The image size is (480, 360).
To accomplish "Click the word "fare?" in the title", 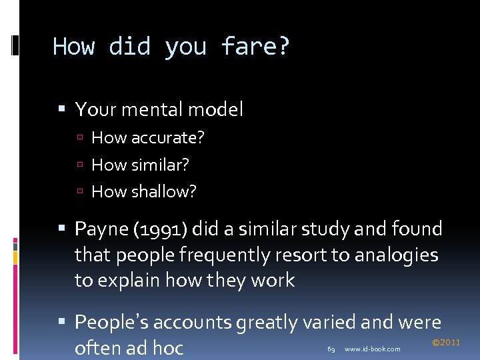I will click(255, 47).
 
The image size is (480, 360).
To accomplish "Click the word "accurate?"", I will click(167, 138).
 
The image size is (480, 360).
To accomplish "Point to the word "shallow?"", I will click(163, 191).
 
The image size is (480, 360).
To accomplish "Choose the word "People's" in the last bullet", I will click(117, 323).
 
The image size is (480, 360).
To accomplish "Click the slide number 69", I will click(331, 349).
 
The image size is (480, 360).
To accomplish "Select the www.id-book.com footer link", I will click(372, 349).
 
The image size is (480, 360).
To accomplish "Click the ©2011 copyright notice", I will click(446, 343).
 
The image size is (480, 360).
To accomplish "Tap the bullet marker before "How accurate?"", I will click(80, 139).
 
